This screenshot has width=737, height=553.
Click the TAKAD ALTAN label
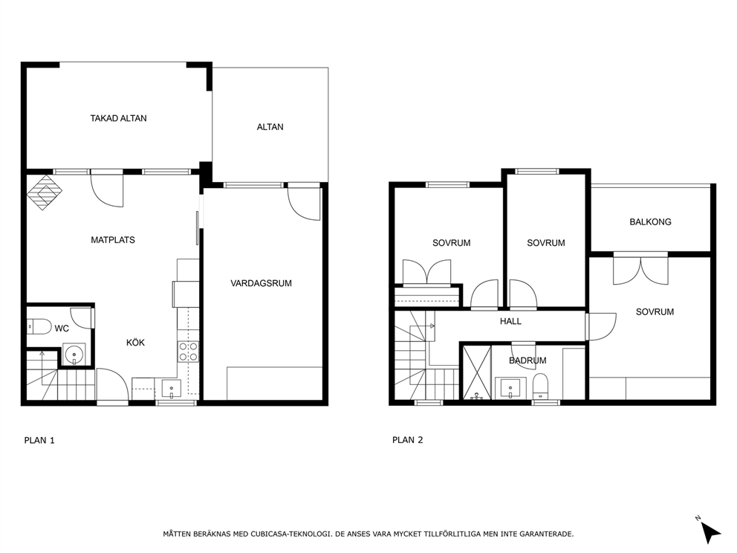(118, 118)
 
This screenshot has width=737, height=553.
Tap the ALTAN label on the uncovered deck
(270, 127)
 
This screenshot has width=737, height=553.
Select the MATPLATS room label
(113, 240)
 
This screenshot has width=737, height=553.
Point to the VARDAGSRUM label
(261, 283)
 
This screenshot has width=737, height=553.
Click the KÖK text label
(135, 343)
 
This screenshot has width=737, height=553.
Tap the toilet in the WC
(37, 326)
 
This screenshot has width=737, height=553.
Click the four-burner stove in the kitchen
(188, 351)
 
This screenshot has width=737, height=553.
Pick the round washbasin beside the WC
(74, 355)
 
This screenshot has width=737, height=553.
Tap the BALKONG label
(650, 221)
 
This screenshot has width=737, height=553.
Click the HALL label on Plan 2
(510, 322)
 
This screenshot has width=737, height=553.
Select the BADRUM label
(527, 360)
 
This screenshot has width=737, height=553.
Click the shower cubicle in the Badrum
(475, 372)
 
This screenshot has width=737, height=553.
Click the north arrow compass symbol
(709, 531)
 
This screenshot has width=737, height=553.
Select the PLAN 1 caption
(39, 440)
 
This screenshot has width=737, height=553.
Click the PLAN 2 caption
(407, 440)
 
